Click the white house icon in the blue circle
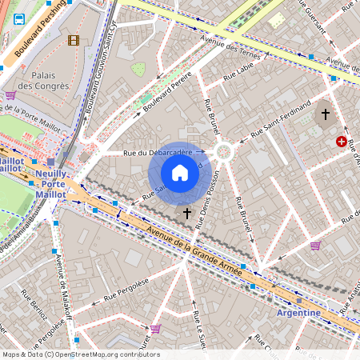tap(180, 173)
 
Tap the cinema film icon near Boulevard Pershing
tap(74, 40)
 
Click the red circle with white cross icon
tap(342, 142)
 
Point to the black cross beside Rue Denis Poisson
tap(187, 214)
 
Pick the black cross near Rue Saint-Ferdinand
tap(325, 114)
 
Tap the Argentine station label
tap(298, 312)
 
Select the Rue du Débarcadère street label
tap(158, 152)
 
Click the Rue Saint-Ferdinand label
tap(280, 117)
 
